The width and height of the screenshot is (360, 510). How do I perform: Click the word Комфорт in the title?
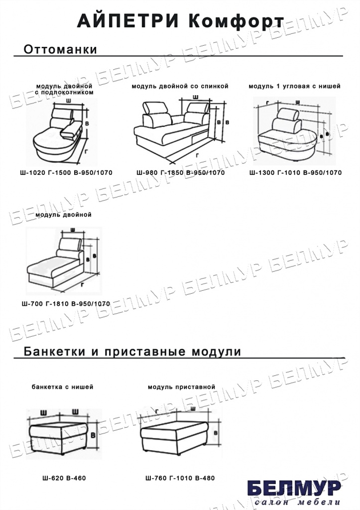[236, 21]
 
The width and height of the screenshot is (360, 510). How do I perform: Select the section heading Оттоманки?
[60, 50]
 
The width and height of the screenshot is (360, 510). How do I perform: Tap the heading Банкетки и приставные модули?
[132, 352]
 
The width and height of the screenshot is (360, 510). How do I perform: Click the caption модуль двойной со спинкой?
[180, 86]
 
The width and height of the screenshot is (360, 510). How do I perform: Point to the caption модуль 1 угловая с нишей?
[295, 86]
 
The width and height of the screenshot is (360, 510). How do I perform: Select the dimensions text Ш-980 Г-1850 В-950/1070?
[180, 173]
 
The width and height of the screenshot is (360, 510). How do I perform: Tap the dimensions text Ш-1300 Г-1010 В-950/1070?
[295, 173]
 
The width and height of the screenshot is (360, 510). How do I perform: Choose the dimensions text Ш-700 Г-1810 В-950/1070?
[66, 303]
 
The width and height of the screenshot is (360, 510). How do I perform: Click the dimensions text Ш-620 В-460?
[64, 478]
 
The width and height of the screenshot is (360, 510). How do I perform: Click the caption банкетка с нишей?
[62, 386]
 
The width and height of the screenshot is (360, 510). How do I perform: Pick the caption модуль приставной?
[181, 386]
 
